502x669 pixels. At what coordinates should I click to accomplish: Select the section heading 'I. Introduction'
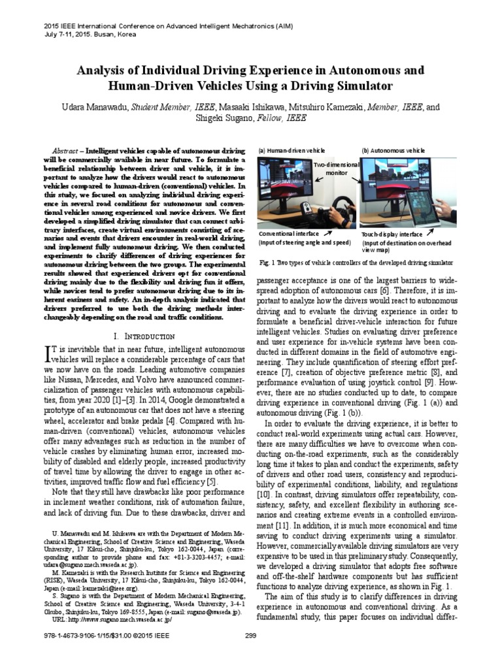pyautogui.click(x=144, y=336)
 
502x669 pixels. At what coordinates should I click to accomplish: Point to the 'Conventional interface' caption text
pyautogui.click(x=288, y=233)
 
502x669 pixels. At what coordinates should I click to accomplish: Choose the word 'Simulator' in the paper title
pyautogui.click(x=358, y=86)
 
